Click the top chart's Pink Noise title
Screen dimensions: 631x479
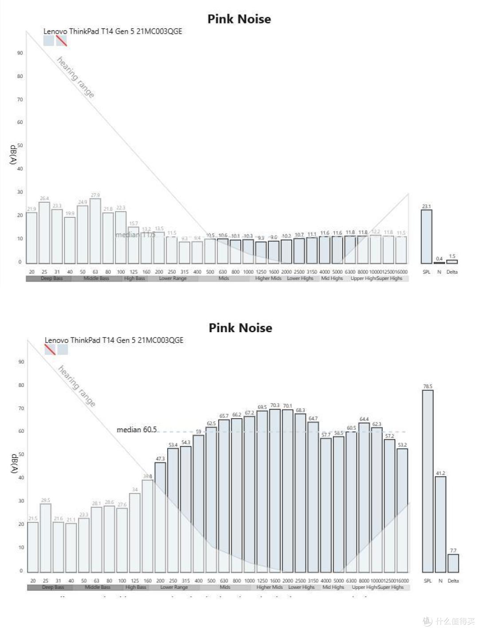[x=239, y=19]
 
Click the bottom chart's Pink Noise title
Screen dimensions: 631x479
[x=240, y=328]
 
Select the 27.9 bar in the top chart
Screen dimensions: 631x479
[x=95, y=231]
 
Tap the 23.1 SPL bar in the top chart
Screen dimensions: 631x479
[x=426, y=236]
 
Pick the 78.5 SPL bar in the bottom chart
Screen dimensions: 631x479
[x=428, y=481]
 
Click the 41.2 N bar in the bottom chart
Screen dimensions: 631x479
[x=440, y=524]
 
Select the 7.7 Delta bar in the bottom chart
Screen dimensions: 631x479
[x=453, y=563]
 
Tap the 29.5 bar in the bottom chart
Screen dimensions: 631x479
[x=46, y=538]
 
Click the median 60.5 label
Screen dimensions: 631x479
[x=137, y=430]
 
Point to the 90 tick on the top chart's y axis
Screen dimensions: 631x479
[x=20, y=53]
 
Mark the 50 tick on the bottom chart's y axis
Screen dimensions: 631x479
[x=21, y=455]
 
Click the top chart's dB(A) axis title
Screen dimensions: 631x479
[x=13, y=154]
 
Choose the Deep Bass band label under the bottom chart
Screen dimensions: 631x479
[x=53, y=587]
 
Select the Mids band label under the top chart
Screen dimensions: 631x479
[x=224, y=278]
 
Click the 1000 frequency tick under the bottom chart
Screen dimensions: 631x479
[x=249, y=580]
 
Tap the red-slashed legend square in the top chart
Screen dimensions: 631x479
[x=62, y=41]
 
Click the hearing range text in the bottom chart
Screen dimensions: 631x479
[x=77, y=386]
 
